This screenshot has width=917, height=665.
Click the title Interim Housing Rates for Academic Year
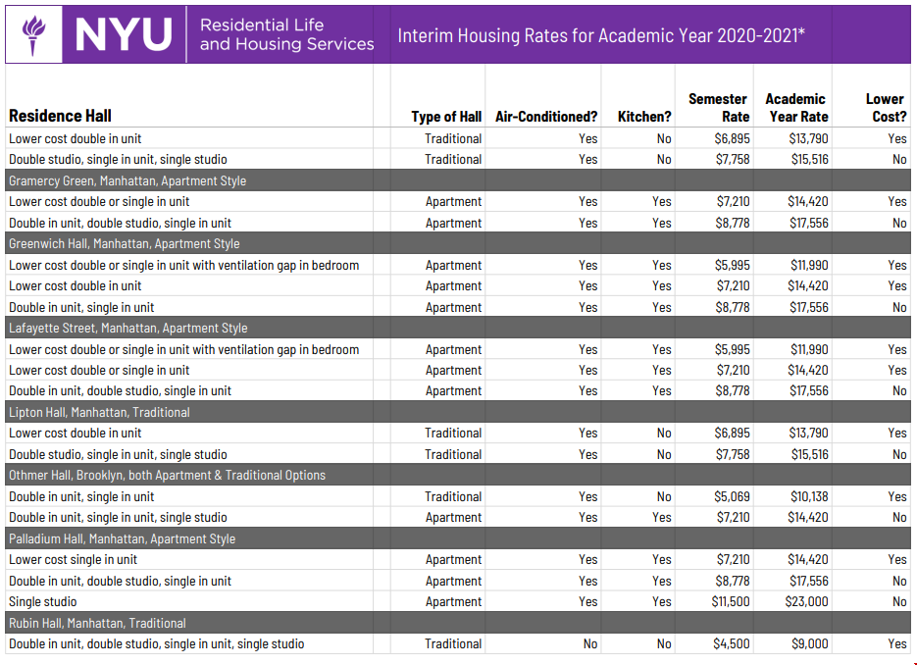[x=601, y=36]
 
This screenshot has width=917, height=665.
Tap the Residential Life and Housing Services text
[x=286, y=35]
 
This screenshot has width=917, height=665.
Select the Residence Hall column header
[x=60, y=116]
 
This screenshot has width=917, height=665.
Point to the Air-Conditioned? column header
[x=546, y=117]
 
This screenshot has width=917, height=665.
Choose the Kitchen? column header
[x=644, y=117]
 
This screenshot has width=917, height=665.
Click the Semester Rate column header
[x=718, y=107]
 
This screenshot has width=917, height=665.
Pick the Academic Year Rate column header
[x=795, y=107]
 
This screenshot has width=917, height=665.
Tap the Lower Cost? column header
[x=886, y=107]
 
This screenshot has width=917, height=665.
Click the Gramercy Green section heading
[x=127, y=180]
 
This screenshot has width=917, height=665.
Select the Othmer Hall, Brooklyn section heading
[x=167, y=475]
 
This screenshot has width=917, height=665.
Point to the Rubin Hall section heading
[x=97, y=623]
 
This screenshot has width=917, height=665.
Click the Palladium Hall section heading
[x=122, y=538]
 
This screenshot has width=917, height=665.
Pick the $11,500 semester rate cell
[x=731, y=601]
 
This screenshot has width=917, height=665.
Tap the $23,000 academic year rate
[x=807, y=601]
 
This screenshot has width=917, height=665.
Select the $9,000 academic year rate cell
[x=810, y=643]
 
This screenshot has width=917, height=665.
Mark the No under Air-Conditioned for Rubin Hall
[x=590, y=643]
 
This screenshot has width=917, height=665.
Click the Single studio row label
[x=43, y=601]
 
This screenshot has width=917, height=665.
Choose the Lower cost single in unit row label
[x=74, y=559]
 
